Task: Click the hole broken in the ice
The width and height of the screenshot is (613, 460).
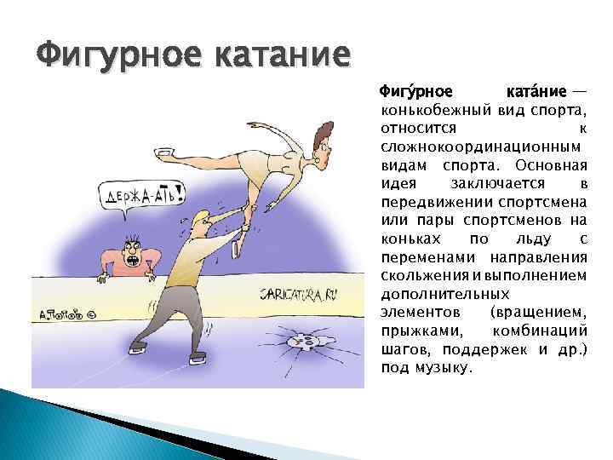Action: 306,342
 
